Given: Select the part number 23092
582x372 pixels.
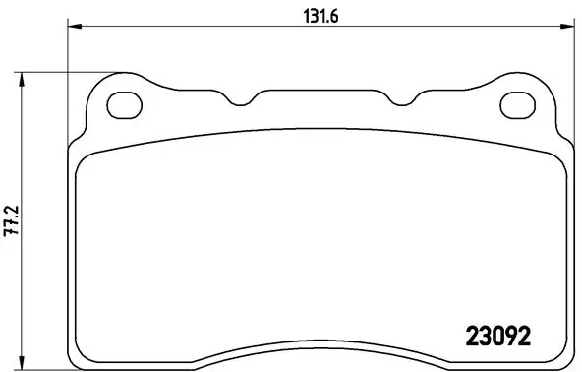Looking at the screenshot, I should (496, 336).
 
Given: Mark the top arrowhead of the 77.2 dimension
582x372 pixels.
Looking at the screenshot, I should (22, 76).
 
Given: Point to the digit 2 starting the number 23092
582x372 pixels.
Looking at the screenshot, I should (469, 336).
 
